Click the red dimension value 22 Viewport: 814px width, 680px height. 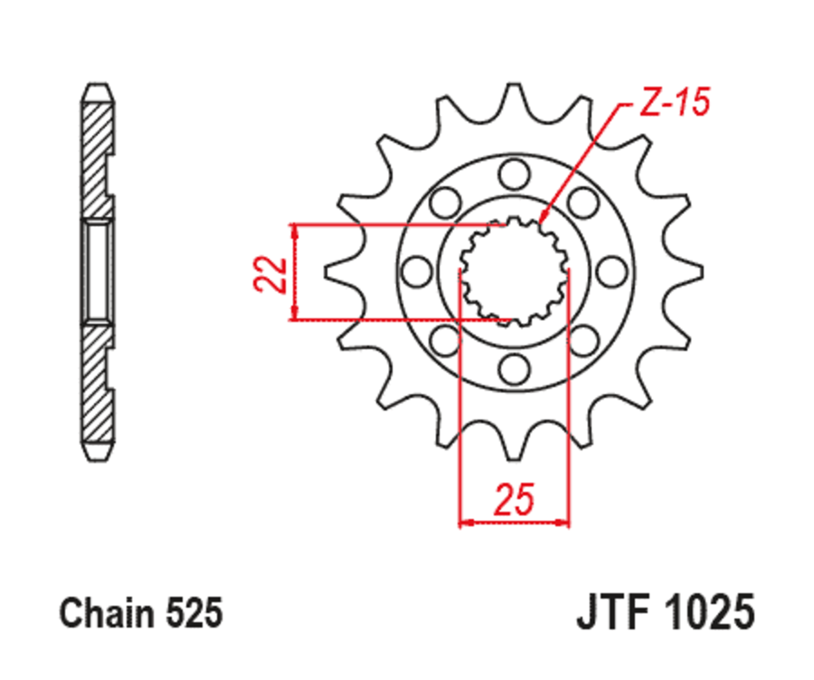pos(270,274)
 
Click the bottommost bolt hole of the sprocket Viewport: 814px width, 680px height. pos(514,368)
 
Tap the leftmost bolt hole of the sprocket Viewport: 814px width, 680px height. pos(415,269)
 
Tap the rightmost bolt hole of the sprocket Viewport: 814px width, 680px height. pos(612,269)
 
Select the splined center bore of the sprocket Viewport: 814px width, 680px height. pos(514,269)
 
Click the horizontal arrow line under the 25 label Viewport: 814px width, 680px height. pos(514,522)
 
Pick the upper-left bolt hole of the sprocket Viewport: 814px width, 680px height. pos(444,200)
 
